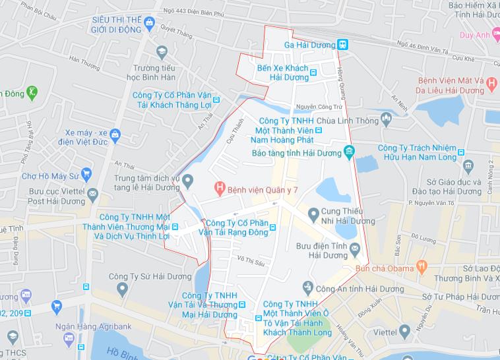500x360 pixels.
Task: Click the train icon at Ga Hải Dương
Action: (x=342, y=44)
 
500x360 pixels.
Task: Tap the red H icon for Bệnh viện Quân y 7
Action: (x=220, y=189)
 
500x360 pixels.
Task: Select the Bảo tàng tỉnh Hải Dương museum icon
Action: (x=349, y=153)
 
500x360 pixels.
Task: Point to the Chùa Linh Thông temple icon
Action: (x=386, y=118)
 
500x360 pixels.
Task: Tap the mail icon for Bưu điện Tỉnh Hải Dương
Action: (x=355, y=248)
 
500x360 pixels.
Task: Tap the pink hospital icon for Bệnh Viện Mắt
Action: (x=491, y=81)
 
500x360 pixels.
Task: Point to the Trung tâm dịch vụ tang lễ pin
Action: (x=188, y=180)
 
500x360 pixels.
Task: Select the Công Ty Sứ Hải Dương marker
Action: (x=121, y=288)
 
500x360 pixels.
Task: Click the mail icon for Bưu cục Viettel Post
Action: (x=93, y=193)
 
